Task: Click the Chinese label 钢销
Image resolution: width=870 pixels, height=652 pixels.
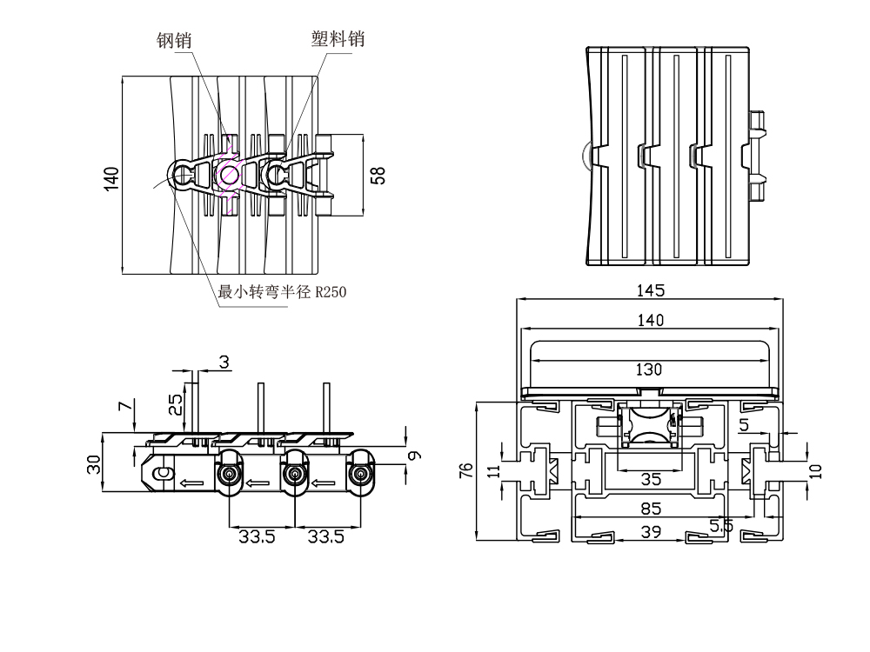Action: (174, 40)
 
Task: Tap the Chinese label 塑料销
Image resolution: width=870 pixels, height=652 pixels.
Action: (338, 39)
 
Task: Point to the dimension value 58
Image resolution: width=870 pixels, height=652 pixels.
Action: (378, 175)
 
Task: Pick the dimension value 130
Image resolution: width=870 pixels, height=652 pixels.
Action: (649, 369)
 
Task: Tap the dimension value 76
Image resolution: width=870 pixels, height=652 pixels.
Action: (466, 470)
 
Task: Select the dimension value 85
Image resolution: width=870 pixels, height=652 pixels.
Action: (649, 508)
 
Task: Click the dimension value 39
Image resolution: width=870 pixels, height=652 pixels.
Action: (649, 531)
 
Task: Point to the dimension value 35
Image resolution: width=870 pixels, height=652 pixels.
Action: (649, 479)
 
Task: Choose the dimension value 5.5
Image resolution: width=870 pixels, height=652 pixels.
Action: (721, 525)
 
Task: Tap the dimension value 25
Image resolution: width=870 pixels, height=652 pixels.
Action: (176, 404)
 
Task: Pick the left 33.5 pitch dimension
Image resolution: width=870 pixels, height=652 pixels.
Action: (258, 537)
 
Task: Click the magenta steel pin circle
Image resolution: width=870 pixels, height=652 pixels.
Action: (230, 175)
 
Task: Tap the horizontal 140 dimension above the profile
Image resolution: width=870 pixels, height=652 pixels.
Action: (649, 321)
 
